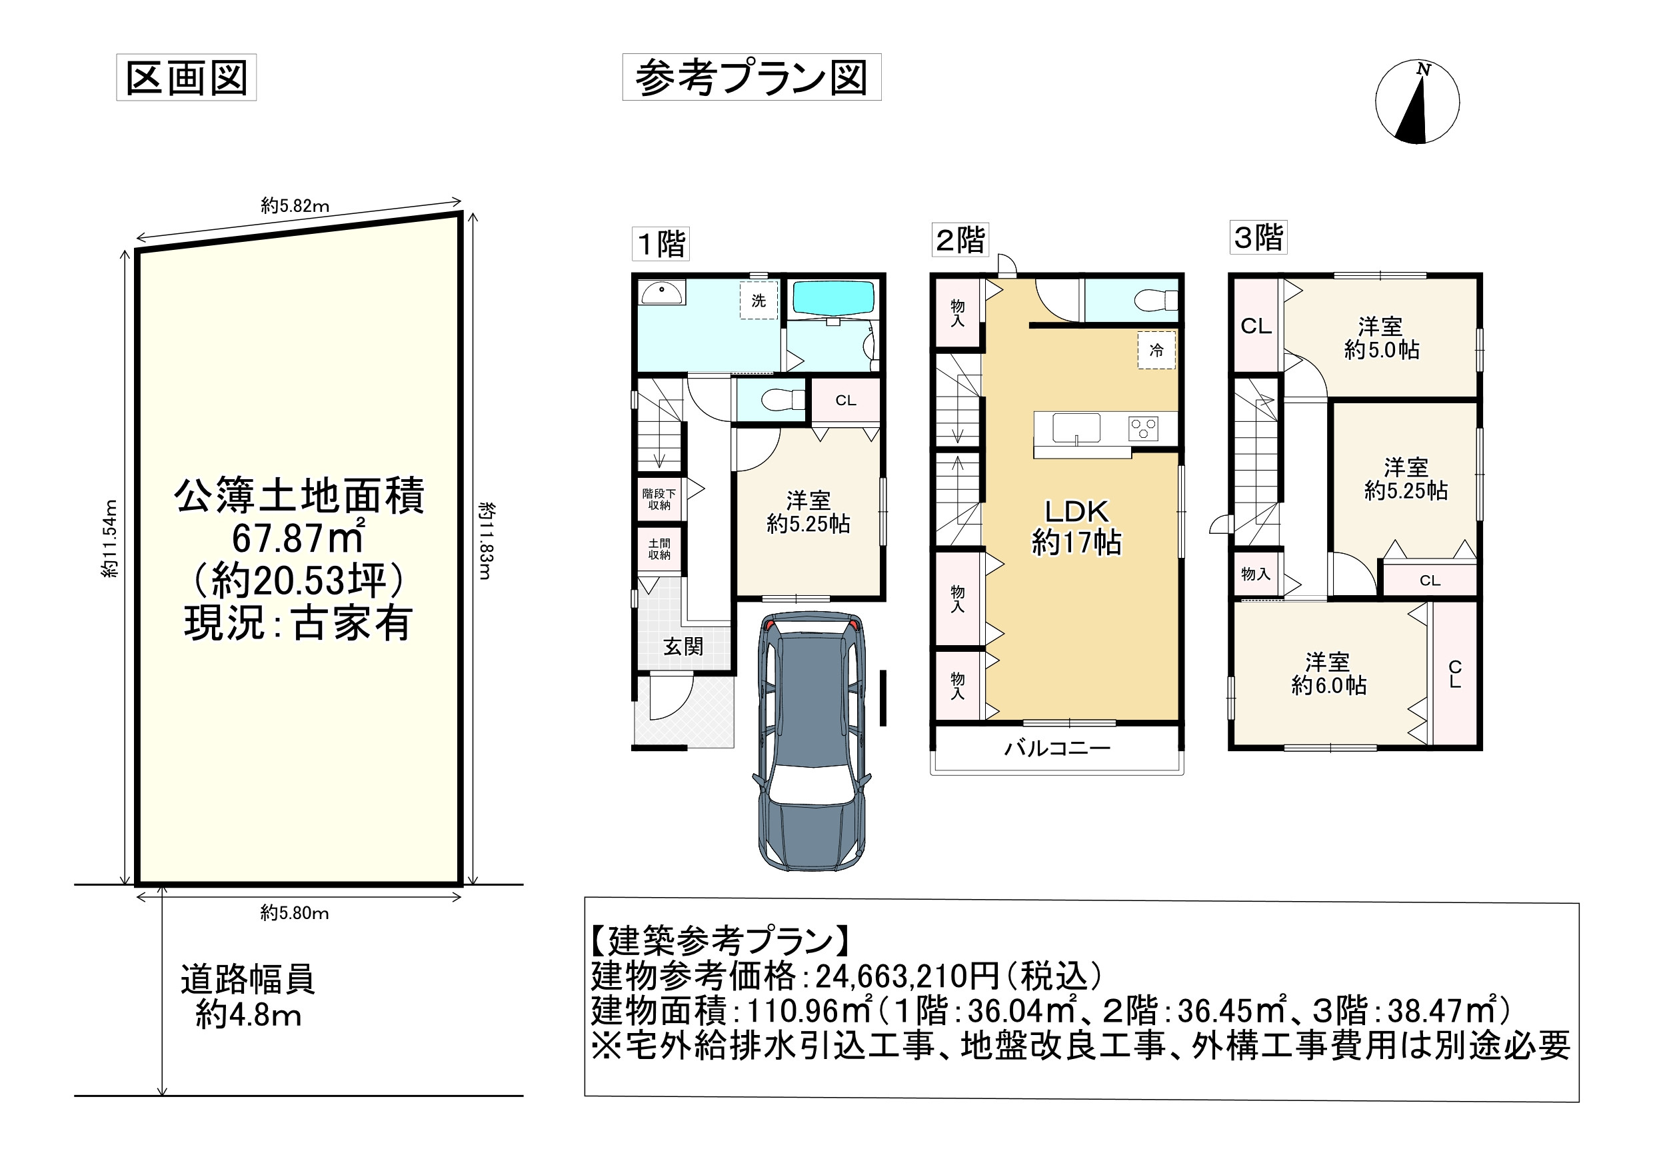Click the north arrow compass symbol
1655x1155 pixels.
coord(1416,102)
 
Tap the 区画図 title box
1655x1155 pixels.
coord(186,77)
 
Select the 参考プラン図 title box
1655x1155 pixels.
coord(751,77)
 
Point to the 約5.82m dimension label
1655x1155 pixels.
coord(295,205)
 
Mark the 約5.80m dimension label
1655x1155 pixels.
coord(294,914)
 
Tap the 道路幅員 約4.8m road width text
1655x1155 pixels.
coord(247,996)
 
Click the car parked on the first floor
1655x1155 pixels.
coord(811,742)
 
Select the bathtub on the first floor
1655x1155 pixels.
coord(833,299)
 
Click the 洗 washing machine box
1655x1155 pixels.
coord(759,300)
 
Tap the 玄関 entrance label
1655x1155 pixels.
coord(683,646)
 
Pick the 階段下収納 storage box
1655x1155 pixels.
coord(659,499)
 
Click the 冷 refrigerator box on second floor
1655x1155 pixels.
coord(1156,351)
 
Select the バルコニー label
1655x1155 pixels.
coord(1057,748)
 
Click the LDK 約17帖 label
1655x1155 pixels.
coord(1076,527)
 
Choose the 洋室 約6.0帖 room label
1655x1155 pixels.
coord(1328,673)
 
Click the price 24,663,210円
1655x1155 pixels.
coord(906,976)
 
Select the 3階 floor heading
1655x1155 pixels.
coord(1258,237)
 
